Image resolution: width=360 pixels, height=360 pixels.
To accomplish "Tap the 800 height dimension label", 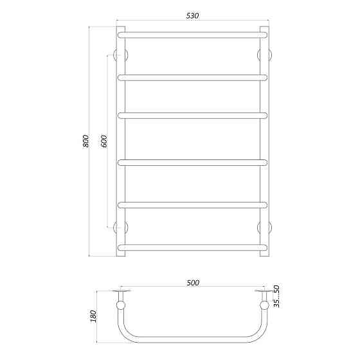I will point(86,141).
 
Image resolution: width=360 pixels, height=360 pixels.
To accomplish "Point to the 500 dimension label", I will point(193,282).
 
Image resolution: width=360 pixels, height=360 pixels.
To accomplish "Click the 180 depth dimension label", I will point(94,316).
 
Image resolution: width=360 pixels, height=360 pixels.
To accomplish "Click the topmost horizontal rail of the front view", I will point(192,33).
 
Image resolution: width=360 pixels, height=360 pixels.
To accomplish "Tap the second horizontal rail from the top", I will point(192,77).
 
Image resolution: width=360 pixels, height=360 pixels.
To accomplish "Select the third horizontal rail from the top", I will point(192,116).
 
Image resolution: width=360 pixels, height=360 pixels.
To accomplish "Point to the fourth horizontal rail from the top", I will point(192,161).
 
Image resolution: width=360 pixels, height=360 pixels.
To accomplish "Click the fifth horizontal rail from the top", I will point(192,204).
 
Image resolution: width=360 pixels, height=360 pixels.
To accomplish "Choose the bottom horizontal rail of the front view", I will point(192,246).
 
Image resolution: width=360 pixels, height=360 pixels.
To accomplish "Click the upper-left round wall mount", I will point(120,54).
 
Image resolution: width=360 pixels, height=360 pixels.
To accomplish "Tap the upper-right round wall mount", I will point(264,54).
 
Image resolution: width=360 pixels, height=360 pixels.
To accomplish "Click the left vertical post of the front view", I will point(120,141).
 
